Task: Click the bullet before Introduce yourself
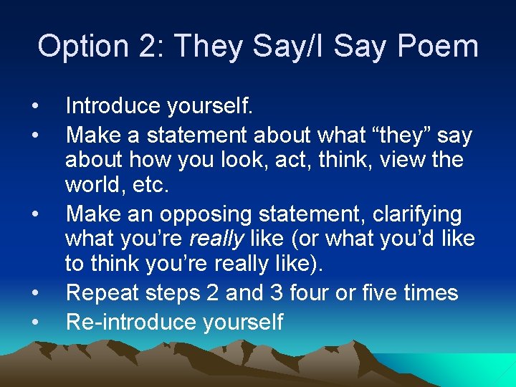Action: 34,107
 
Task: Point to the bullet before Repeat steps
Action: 34,293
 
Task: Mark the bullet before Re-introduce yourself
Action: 34,322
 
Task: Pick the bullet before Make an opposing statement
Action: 34,214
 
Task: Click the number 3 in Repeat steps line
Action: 285,293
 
